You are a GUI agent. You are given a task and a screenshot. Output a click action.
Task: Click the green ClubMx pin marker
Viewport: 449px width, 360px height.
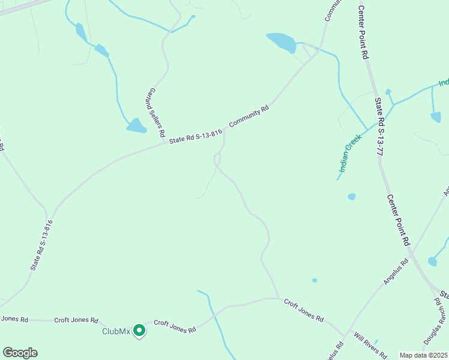[x=139, y=330]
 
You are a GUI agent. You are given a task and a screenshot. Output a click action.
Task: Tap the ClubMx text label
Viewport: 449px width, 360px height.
[x=116, y=331]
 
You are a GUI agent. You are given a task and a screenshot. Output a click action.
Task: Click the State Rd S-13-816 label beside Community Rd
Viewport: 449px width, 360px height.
[x=196, y=136]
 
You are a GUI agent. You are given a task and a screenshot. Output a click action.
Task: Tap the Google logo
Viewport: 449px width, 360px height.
[x=20, y=353]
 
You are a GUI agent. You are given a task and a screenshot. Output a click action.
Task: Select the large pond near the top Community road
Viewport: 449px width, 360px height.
[x=281, y=42]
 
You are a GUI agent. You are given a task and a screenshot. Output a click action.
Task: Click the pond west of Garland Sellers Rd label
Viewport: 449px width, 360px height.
[x=136, y=125]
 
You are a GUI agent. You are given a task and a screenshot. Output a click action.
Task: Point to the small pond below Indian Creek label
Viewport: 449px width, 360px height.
[x=352, y=196]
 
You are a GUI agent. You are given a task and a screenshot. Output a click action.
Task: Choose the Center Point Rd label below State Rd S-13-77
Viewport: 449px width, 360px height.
[x=397, y=220]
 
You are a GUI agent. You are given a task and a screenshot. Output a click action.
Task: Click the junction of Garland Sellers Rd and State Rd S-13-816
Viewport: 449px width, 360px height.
[x=165, y=142]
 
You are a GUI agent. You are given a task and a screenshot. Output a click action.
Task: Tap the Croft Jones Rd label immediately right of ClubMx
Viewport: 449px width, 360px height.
[x=175, y=326]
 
